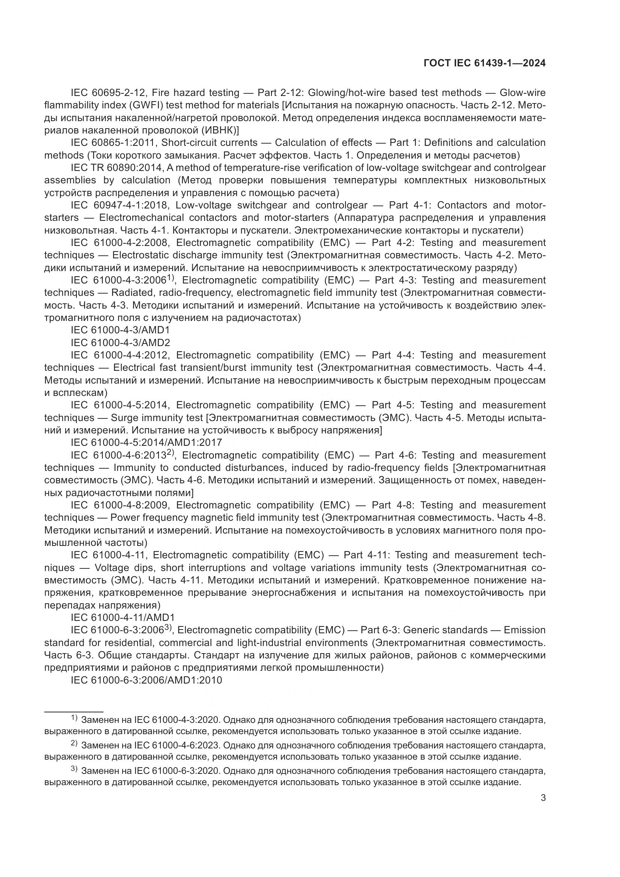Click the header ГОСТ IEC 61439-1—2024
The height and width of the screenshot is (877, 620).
[484, 63]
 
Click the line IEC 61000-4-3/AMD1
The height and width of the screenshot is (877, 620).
[120, 330]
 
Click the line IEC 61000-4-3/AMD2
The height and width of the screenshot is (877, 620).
[120, 342]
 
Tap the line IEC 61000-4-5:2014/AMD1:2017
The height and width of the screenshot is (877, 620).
[146, 442]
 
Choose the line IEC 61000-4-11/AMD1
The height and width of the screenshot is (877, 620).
[123, 618]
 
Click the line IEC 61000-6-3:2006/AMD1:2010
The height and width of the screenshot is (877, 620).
[146, 680]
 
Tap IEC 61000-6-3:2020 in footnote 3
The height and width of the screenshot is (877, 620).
[177, 771]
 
